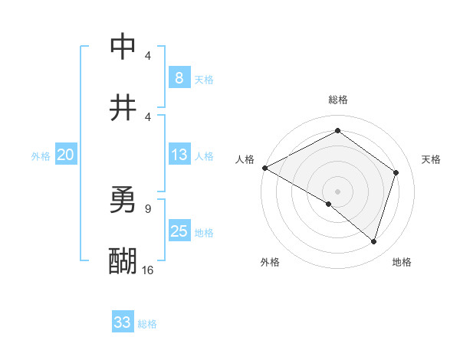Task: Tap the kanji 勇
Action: [123, 200]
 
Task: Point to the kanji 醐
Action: [123, 260]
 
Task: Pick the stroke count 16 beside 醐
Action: [147, 270]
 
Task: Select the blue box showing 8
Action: [179, 77]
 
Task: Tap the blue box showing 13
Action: [179, 155]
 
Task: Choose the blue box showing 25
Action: [179, 231]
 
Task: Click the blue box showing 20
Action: [65, 155]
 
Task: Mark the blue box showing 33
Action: [123, 322]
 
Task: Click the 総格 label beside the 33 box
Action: [148, 324]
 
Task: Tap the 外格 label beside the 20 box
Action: [41, 156]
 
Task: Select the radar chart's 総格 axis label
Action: [337, 100]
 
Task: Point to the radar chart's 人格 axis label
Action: [245, 159]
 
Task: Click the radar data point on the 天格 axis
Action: [396, 172]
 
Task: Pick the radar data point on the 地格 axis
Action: [373, 241]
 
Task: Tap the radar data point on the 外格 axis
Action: [329, 204]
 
